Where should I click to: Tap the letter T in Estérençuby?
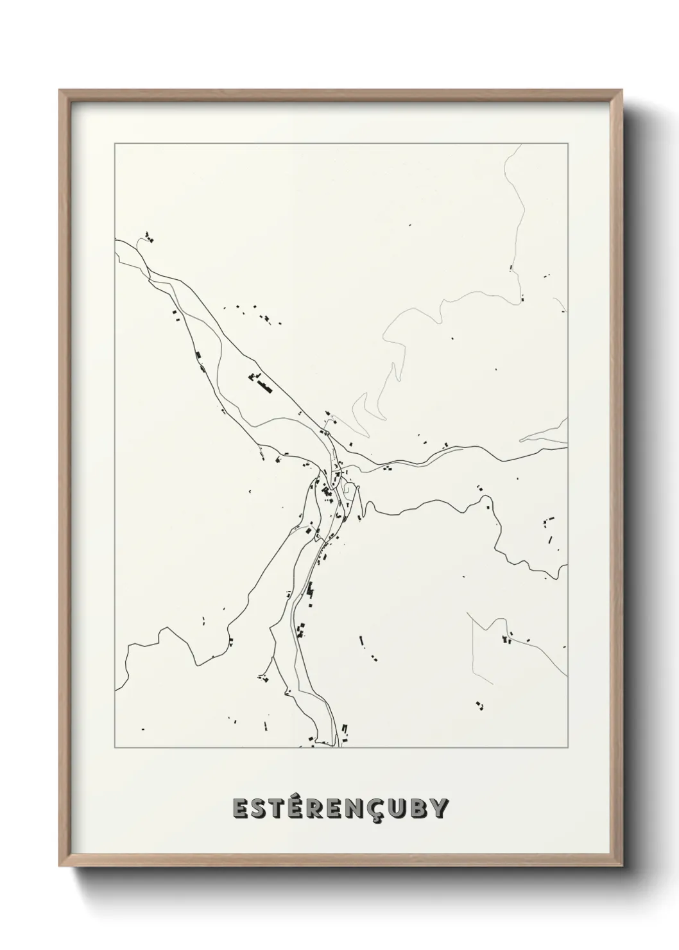point(281,809)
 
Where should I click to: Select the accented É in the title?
point(301,808)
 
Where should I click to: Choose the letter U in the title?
point(408,809)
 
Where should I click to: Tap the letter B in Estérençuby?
point(428,809)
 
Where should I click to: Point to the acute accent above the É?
point(302,796)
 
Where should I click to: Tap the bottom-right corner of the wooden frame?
point(622,868)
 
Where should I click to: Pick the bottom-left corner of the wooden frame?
point(60,868)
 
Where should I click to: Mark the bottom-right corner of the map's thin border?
point(567,748)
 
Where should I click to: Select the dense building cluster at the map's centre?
point(327,492)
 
